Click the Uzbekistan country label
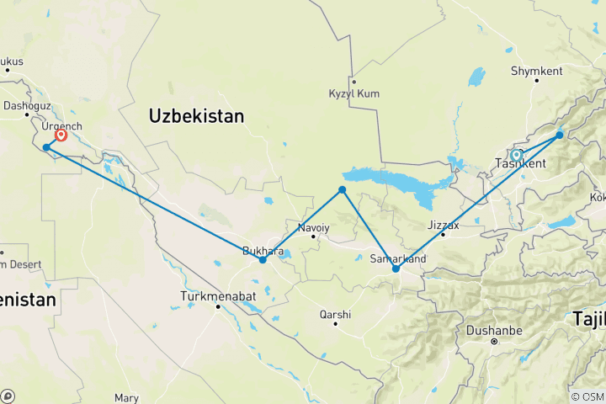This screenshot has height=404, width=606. [x=195, y=116]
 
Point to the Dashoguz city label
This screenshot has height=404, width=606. [x=28, y=107]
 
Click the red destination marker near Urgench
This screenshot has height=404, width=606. [x=61, y=135]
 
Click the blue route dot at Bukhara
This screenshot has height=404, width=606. [x=263, y=260]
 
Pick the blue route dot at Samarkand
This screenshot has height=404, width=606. [x=396, y=269]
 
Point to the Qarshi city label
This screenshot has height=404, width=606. [x=334, y=314]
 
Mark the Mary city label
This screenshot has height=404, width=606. [x=125, y=396]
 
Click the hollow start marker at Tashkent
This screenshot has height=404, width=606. [x=516, y=155]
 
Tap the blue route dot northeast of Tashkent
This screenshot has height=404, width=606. [x=560, y=135]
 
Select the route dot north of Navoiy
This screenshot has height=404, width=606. [x=342, y=190]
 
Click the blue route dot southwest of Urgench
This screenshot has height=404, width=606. [x=46, y=147]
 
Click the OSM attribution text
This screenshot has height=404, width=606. [x=587, y=396]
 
